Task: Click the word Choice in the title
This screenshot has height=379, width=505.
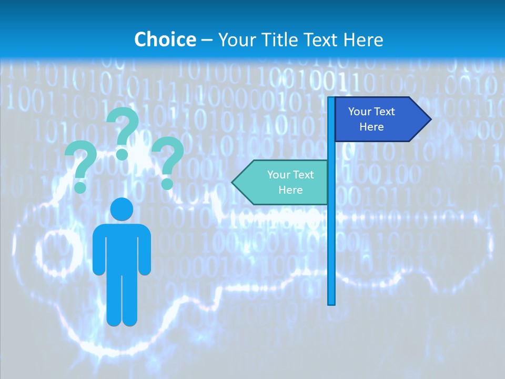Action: coord(165,39)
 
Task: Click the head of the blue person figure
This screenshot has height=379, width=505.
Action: coord(122,210)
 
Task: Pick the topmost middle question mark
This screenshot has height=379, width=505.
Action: coord(123,132)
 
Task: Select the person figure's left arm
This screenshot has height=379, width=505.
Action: coord(99,250)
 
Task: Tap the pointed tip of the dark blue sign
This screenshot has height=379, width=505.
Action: coord(430,119)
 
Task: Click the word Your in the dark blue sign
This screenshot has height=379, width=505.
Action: coord(359,112)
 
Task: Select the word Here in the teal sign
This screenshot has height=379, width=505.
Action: coord(290,190)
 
